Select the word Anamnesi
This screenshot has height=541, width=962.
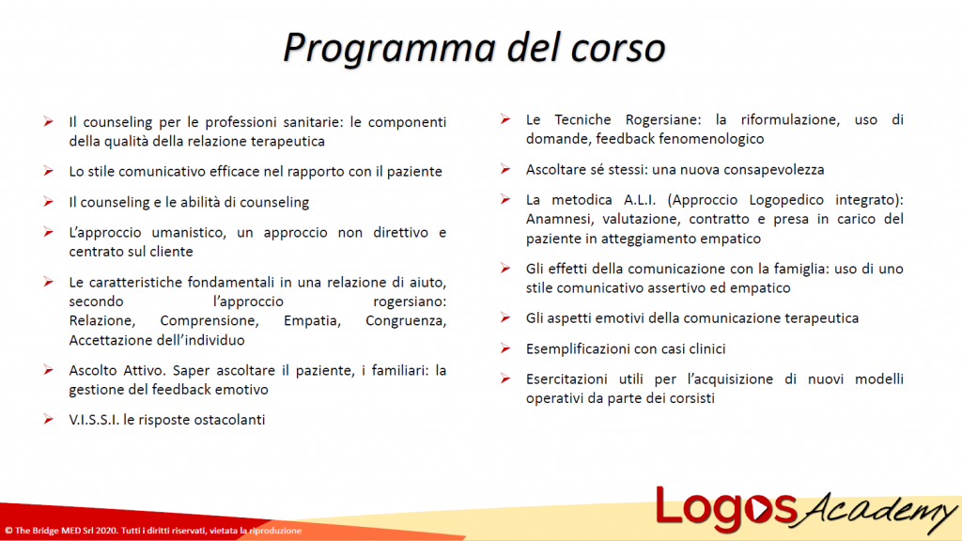560,219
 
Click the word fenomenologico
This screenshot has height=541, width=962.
705,139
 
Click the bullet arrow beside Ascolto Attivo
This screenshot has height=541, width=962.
48,370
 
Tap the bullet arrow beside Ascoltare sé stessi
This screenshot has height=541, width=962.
505,169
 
